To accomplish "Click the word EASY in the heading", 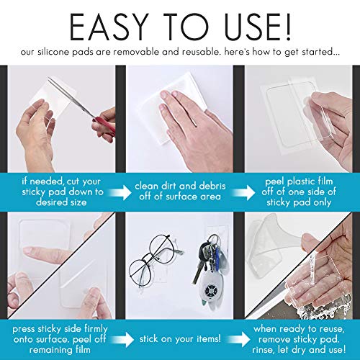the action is point(108,27).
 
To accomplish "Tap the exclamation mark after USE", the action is point(287,27).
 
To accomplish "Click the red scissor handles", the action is point(105,125).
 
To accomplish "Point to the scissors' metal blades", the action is point(71,96).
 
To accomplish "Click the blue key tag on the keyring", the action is point(217,254).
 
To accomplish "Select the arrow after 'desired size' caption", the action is point(120,192).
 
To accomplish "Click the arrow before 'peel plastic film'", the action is point(243,192).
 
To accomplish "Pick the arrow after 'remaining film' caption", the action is point(122,339).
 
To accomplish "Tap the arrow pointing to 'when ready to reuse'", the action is point(238,339).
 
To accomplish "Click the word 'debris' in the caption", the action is point(212,186).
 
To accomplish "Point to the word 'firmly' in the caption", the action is point(96,329).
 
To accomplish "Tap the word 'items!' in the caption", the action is point(208,339).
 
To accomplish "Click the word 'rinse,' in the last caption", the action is point(264,349).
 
